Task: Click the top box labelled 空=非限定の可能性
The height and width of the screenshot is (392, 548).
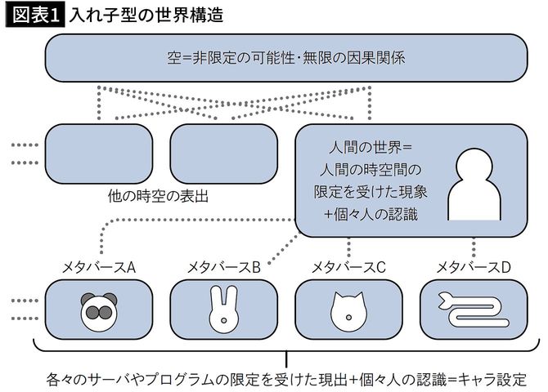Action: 286,59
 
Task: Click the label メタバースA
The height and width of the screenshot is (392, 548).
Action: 99,266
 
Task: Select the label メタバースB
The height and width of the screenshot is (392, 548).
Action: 223,266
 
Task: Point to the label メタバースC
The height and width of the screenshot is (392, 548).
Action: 348,266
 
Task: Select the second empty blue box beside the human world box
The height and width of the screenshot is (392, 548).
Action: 223,154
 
